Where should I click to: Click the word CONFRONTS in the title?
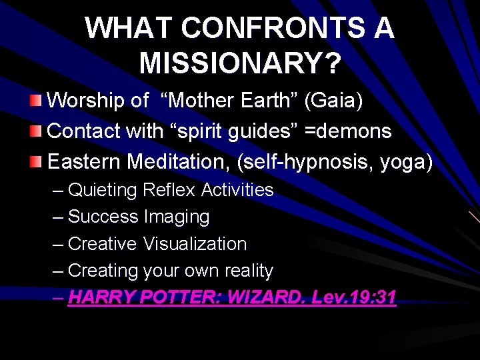click(x=269, y=29)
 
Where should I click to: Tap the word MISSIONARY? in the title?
click(x=240, y=64)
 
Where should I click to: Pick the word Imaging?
click(x=176, y=217)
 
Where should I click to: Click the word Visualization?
click(x=195, y=244)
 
